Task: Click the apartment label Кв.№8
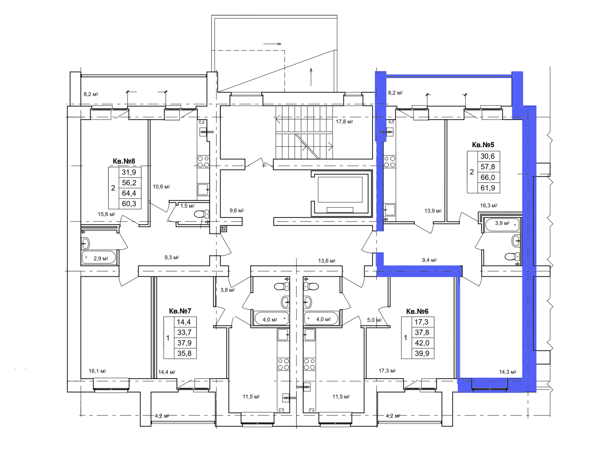click(x=124, y=161)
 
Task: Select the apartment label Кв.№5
click(x=483, y=145)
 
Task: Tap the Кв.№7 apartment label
click(x=180, y=311)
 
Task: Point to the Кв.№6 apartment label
click(x=417, y=311)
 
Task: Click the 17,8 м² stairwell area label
click(x=344, y=121)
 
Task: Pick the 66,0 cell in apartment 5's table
click(x=488, y=177)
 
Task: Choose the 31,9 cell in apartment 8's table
click(x=129, y=173)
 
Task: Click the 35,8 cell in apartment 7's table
click(x=184, y=353)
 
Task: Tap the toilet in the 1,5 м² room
click(x=202, y=214)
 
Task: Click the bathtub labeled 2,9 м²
click(x=99, y=258)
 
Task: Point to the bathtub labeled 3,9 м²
click(x=502, y=225)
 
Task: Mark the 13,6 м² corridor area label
click(x=327, y=261)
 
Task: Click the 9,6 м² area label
click(x=236, y=211)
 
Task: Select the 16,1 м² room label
click(x=97, y=371)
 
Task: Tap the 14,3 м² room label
click(x=508, y=372)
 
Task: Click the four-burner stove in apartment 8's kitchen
click(x=203, y=161)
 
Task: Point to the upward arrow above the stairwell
click(x=311, y=77)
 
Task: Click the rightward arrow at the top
click(x=272, y=44)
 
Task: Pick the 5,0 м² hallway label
click(x=374, y=320)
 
